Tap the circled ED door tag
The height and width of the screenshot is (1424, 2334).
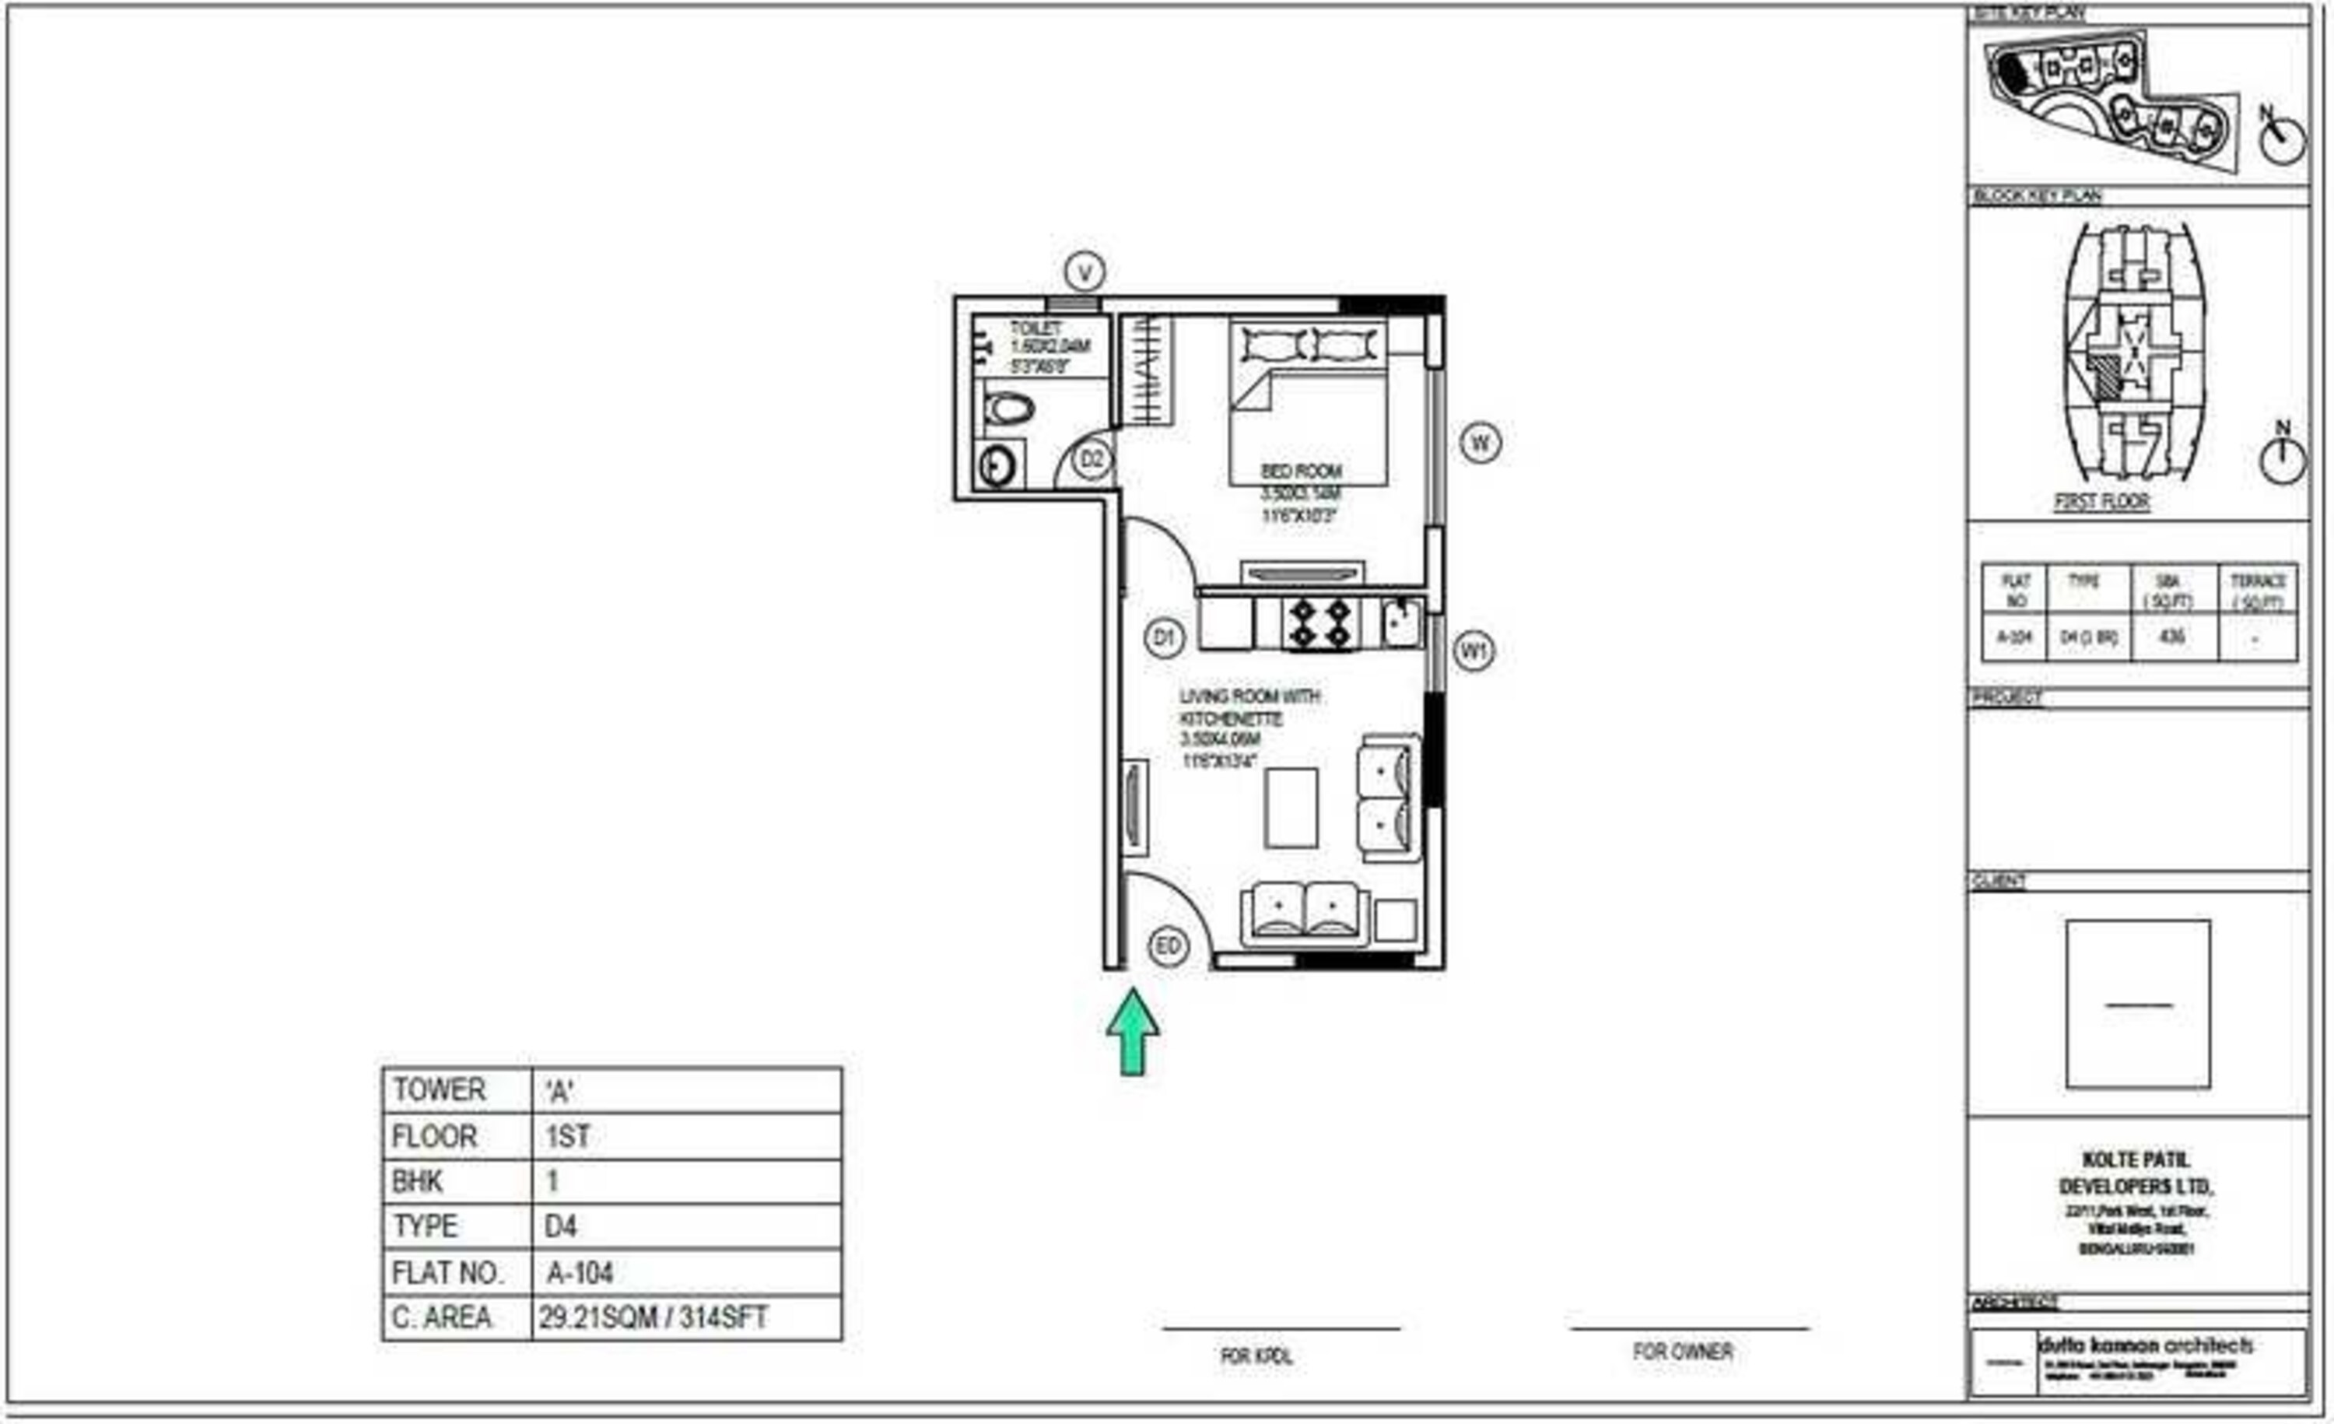[1168, 946]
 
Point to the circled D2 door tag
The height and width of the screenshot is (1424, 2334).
[1092, 461]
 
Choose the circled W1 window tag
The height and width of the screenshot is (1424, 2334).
[1474, 651]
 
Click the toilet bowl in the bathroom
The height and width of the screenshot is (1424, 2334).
[1008, 410]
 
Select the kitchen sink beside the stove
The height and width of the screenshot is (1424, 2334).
[1401, 623]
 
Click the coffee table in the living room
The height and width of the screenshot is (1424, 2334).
[1291, 807]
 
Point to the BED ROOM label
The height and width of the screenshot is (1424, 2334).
[1301, 471]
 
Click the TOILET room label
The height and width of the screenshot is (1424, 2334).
[1036, 328]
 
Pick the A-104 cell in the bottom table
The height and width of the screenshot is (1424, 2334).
[580, 1272]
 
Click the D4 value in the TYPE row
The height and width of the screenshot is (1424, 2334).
[561, 1227]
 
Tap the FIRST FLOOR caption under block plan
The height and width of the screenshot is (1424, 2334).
[2101, 501]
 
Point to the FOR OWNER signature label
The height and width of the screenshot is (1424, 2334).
[1682, 1352]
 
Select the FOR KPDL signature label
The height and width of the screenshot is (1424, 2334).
[1256, 1356]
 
